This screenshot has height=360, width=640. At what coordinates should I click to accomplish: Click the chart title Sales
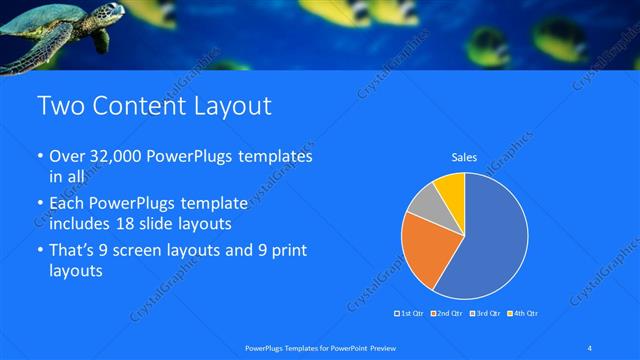coord(464,157)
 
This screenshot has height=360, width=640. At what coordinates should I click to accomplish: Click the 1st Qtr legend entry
coord(411,314)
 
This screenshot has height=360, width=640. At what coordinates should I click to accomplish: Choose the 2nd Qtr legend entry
coord(448,314)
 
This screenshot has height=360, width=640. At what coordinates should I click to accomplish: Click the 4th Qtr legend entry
coord(523,314)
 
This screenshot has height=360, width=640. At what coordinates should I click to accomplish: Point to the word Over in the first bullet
coord(66,157)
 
